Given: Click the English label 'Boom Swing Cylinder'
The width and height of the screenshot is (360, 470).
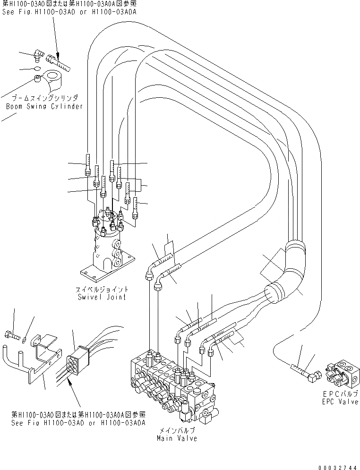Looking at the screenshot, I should click(x=44, y=106).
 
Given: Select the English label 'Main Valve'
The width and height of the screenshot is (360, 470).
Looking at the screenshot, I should click(x=177, y=438).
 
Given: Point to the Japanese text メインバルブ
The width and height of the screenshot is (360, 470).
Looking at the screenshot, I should click(x=178, y=431).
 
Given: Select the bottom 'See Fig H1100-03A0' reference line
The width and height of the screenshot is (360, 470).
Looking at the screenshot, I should click(x=78, y=422).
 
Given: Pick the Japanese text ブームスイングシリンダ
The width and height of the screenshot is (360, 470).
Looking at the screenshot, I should click(x=45, y=98).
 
